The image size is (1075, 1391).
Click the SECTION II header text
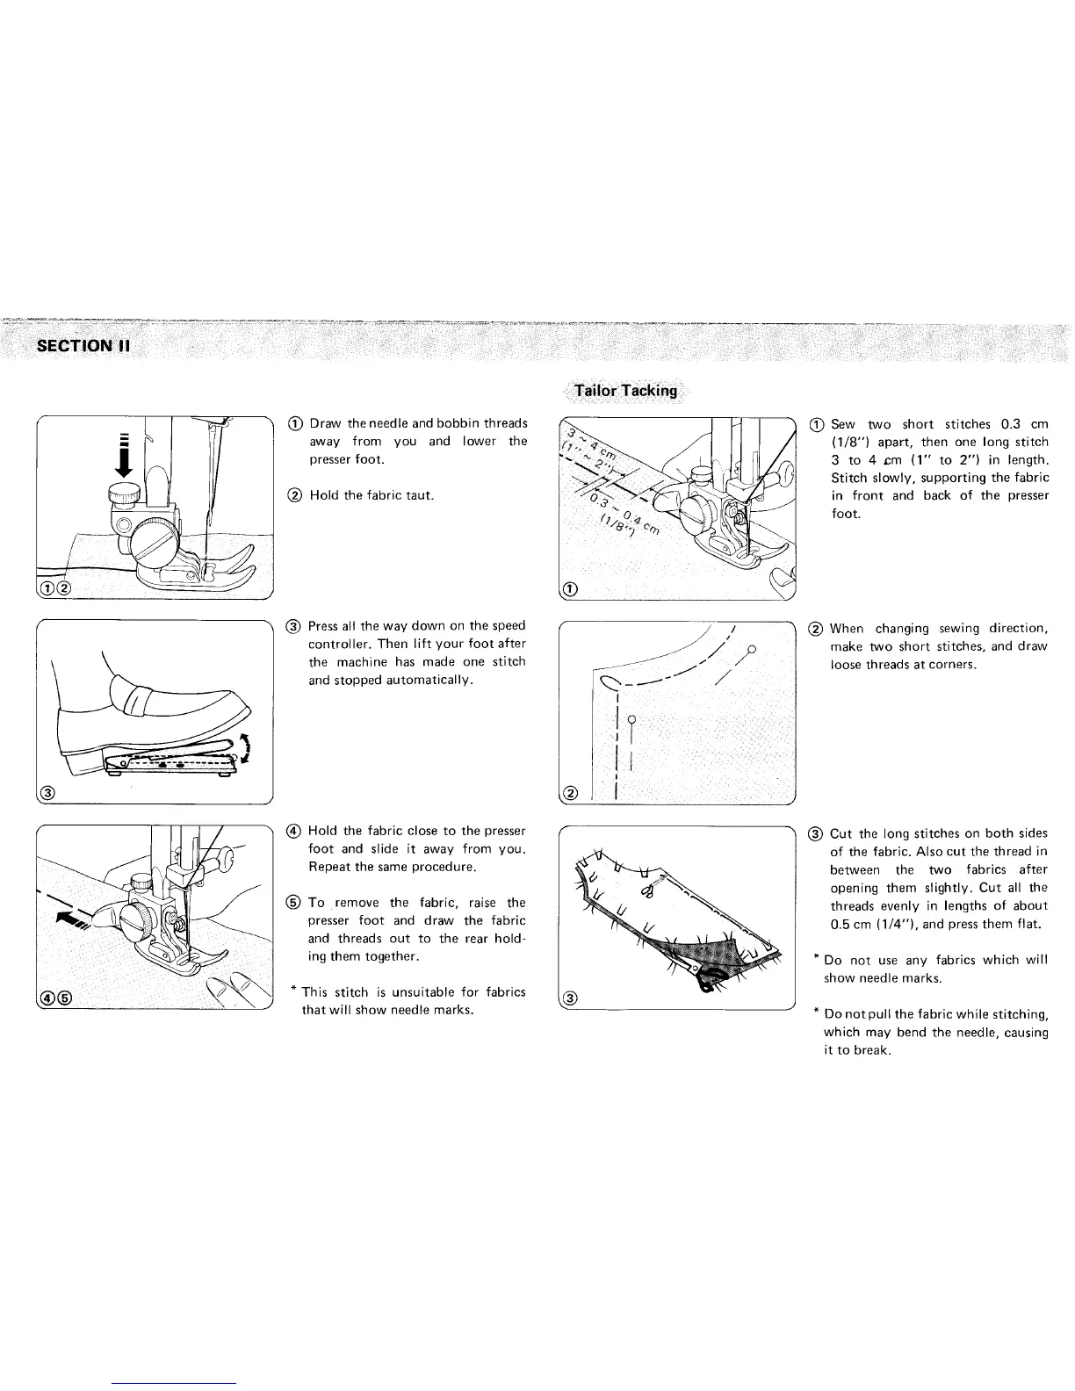tap(83, 344)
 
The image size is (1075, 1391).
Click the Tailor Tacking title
tap(625, 391)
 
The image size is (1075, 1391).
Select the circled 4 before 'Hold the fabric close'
tap(295, 831)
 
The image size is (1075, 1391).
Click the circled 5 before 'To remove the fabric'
tap(295, 903)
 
